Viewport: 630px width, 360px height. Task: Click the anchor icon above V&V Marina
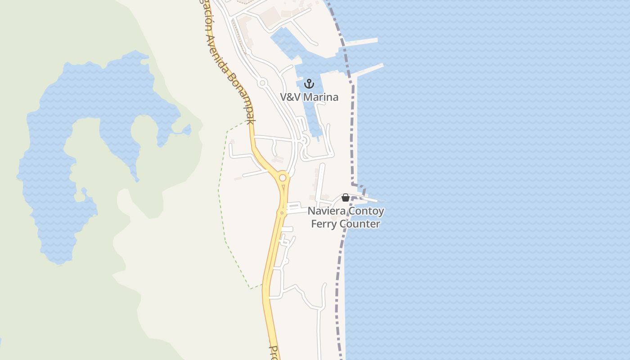(x=309, y=83)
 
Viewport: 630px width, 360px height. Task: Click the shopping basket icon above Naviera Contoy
(x=346, y=198)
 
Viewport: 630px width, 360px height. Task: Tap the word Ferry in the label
(x=324, y=224)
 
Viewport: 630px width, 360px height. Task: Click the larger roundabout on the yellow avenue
(x=283, y=178)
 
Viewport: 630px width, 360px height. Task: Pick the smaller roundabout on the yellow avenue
(x=282, y=212)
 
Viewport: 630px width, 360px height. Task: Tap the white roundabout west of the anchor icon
(x=263, y=83)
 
